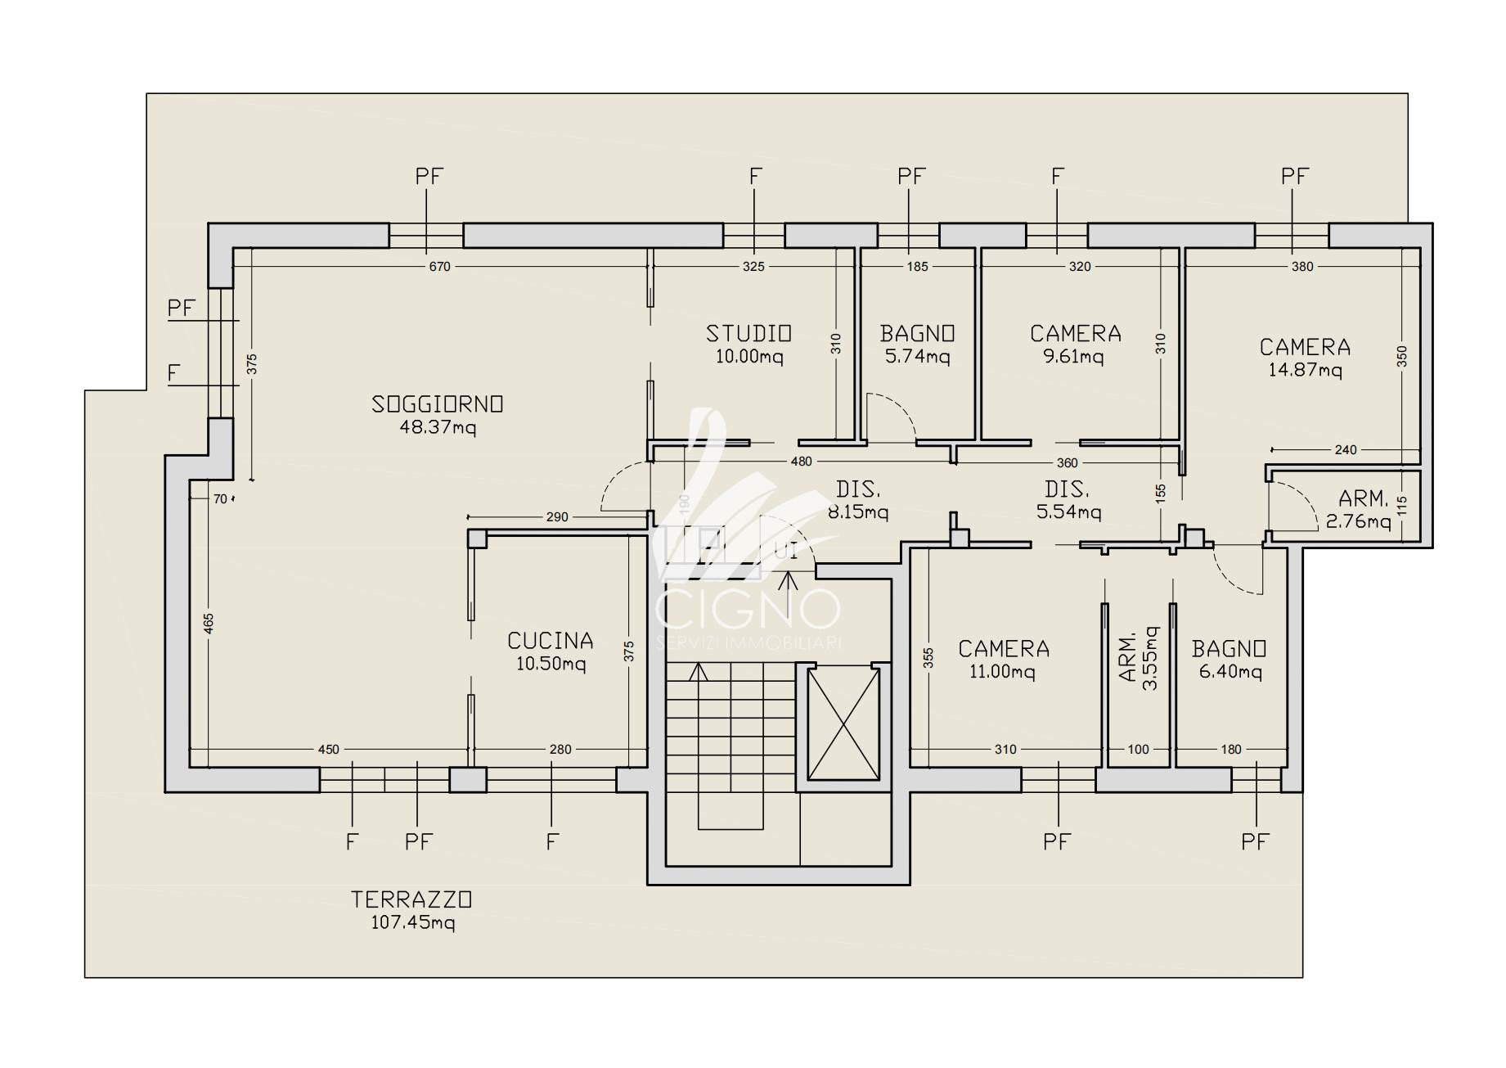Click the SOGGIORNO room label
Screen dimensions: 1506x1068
point(438,404)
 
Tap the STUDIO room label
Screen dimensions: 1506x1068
point(749,334)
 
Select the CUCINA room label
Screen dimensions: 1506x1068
point(551,641)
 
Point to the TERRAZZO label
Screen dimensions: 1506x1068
point(411,900)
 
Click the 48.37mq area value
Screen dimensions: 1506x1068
point(438,427)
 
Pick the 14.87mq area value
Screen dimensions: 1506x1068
point(1305,370)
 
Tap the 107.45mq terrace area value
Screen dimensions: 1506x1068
point(413,923)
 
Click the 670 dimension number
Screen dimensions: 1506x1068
point(440,266)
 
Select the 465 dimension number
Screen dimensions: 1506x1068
point(209,624)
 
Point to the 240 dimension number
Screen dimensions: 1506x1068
point(1346,449)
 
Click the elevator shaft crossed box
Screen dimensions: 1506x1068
point(843,723)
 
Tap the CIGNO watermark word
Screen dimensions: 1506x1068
point(749,610)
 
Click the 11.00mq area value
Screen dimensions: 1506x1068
point(1003,673)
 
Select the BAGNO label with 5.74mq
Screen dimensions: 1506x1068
point(918,334)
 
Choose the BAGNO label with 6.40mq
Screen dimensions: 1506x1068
point(1230,650)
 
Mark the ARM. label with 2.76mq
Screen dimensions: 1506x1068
point(1364,498)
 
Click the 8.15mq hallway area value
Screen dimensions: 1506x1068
point(857,513)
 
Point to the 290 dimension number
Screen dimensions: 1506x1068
point(557,517)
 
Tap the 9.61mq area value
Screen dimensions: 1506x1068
point(1073,357)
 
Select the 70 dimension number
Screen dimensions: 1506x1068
point(220,498)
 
